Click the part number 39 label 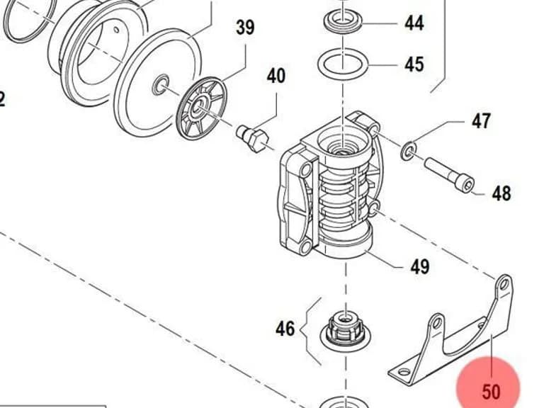tap(245, 27)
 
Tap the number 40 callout tap(276, 76)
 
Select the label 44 tap(414, 23)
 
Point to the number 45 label tap(414, 64)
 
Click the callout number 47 tap(481, 120)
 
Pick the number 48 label tap(501, 193)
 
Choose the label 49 tap(420, 266)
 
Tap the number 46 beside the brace tap(285, 328)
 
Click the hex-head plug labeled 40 tap(253, 137)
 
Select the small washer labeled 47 tap(409, 151)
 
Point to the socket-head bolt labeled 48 tap(450, 174)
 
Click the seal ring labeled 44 tap(343, 21)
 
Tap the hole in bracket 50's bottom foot tap(404, 373)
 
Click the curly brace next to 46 tap(310, 331)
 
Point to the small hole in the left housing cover tap(117, 30)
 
